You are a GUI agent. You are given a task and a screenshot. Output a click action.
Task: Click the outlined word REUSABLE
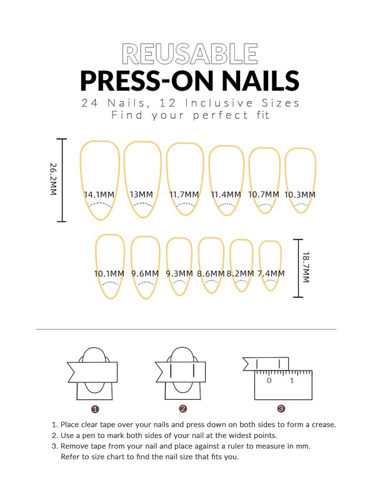tap(190, 54)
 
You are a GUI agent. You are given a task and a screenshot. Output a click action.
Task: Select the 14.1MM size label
tap(99, 195)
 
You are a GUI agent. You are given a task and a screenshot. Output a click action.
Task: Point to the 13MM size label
tap(141, 195)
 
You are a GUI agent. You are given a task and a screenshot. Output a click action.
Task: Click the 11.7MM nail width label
tap(184, 195)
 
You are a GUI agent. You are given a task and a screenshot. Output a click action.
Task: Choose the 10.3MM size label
tap(300, 195)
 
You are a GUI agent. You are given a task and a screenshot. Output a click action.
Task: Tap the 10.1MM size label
tap(109, 273)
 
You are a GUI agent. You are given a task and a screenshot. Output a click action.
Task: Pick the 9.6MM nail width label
tap(145, 273)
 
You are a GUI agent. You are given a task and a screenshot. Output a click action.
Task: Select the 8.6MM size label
tap(211, 273)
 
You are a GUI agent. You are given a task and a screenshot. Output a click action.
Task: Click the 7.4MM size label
tap(271, 273)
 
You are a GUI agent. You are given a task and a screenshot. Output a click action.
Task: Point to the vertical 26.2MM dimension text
tap(53, 179)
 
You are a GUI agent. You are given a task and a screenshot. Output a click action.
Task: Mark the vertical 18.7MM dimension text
tap(306, 267)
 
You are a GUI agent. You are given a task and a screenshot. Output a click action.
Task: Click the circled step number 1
tap(95, 409)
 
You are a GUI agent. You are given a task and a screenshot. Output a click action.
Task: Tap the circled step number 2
tap(183, 409)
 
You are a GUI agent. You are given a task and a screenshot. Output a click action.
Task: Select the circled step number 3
tap(281, 409)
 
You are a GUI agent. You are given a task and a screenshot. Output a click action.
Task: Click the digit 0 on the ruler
tap(269, 380)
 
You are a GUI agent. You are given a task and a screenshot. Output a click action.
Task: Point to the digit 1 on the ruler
tap(292, 380)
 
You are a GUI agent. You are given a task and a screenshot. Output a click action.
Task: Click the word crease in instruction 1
tap(324, 425)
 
